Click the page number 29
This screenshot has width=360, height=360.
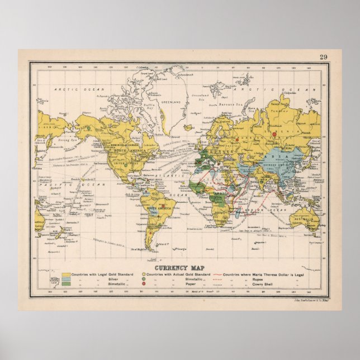point(324,56)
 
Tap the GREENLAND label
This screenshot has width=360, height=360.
point(170,103)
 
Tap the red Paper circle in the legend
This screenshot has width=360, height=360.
point(144,285)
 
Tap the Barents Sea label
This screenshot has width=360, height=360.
point(229,104)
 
